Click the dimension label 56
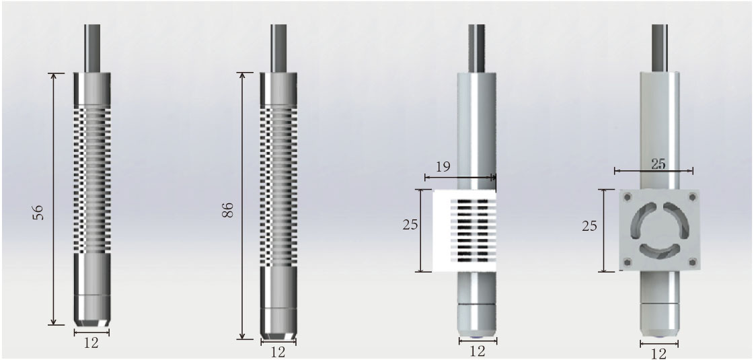(x=39, y=213)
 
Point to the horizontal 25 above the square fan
(x=658, y=164)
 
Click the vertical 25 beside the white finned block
(x=408, y=225)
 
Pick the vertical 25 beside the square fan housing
(x=589, y=225)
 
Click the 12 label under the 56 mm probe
(x=91, y=343)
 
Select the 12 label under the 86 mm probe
(x=278, y=351)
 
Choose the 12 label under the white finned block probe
(x=477, y=351)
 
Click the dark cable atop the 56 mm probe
(x=92, y=47)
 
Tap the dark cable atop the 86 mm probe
(x=278, y=47)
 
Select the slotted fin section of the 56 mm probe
(x=91, y=178)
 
